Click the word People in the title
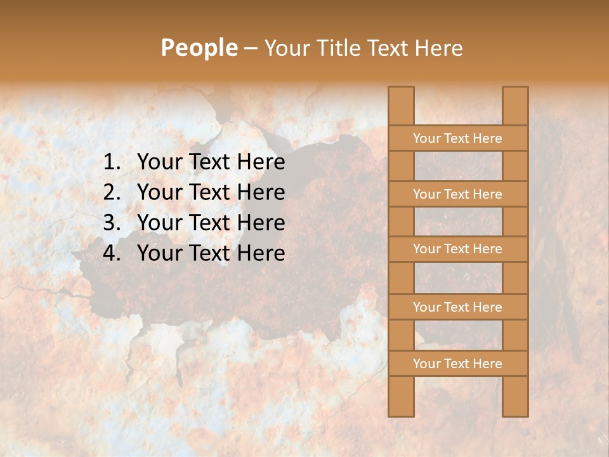(199, 48)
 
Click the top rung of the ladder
(458, 138)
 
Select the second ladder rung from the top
(458, 194)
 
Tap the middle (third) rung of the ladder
(458, 249)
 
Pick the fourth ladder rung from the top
(458, 307)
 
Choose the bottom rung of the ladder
(458, 364)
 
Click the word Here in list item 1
(261, 162)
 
